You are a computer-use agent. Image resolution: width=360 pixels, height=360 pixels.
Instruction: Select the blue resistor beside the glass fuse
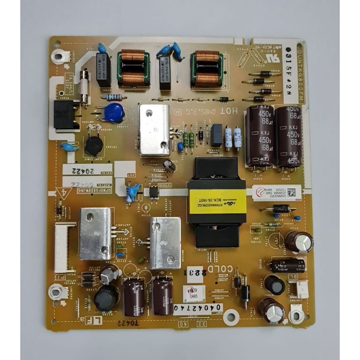pos(114,97)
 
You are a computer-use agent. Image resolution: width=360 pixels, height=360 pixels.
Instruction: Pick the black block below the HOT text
pos(216,135)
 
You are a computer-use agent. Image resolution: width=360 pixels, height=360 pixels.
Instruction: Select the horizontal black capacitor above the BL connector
pos(288,265)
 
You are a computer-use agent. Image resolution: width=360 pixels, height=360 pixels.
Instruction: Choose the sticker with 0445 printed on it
pos(195,293)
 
